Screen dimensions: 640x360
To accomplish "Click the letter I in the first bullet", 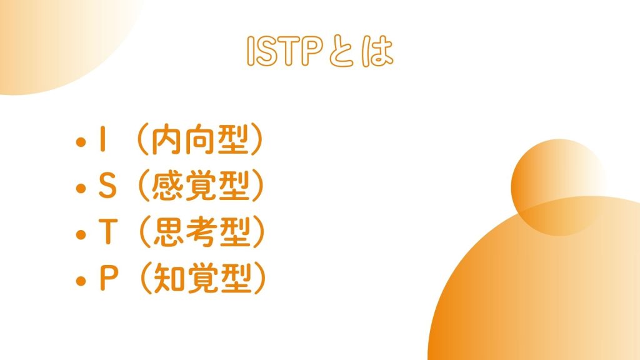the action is [x=103, y=139].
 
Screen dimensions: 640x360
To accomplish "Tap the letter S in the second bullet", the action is [x=107, y=186].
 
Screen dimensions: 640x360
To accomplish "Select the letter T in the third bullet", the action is [x=107, y=232].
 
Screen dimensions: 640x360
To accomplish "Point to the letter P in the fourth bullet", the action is [x=109, y=278].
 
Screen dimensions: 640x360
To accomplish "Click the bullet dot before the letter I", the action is [x=81, y=142].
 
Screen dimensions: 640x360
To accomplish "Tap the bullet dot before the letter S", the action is [x=81, y=188].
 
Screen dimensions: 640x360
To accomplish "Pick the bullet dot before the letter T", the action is [x=81, y=235].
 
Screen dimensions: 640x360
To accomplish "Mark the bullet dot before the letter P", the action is [x=81, y=281].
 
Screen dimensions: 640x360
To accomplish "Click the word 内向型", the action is [x=200, y=139].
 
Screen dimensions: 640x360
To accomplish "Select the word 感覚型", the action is [x=201, y=186].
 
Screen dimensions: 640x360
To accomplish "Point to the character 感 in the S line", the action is [x=167, y=186].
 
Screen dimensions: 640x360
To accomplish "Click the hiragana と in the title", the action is [x=341, y=51].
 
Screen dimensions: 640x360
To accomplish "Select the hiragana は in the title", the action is [x=377, y=51].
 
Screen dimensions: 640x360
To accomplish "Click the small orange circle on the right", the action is [x=558, y=187].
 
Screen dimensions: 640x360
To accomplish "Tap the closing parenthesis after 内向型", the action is [x=256, y=139].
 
